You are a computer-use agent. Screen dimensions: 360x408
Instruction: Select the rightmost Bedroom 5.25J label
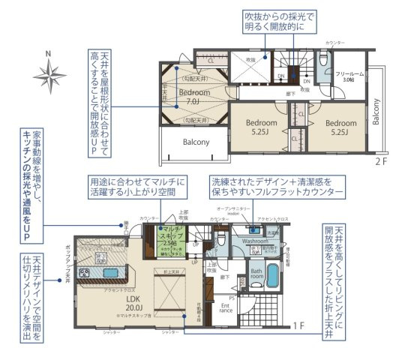click(340, 127)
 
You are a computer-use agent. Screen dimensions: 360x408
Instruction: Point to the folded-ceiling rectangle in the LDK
click(172, 293)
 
